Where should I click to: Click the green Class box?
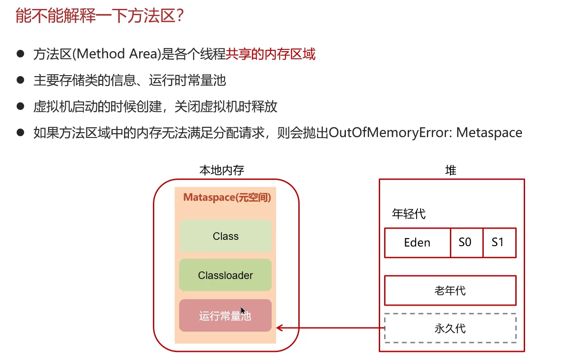[225, 236]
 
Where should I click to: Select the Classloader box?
[225, 275]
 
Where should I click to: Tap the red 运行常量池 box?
[225, 316]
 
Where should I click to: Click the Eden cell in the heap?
[417, 243]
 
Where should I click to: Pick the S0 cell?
[466, 243]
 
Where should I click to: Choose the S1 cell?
[499, 243]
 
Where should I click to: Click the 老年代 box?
[450, 291]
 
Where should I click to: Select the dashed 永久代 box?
[450, 328]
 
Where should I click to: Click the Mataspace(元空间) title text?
[227, 198]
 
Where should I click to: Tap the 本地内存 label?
[222, 170]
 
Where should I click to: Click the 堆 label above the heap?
[450, 170]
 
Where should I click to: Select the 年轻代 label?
[409, 214]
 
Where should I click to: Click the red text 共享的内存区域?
[270, 55]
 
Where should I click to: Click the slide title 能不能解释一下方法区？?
[100, 17]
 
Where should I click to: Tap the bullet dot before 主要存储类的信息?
[20, 80]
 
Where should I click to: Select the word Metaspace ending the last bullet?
[489, 133]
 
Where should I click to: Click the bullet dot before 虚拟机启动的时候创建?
[20, 106]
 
